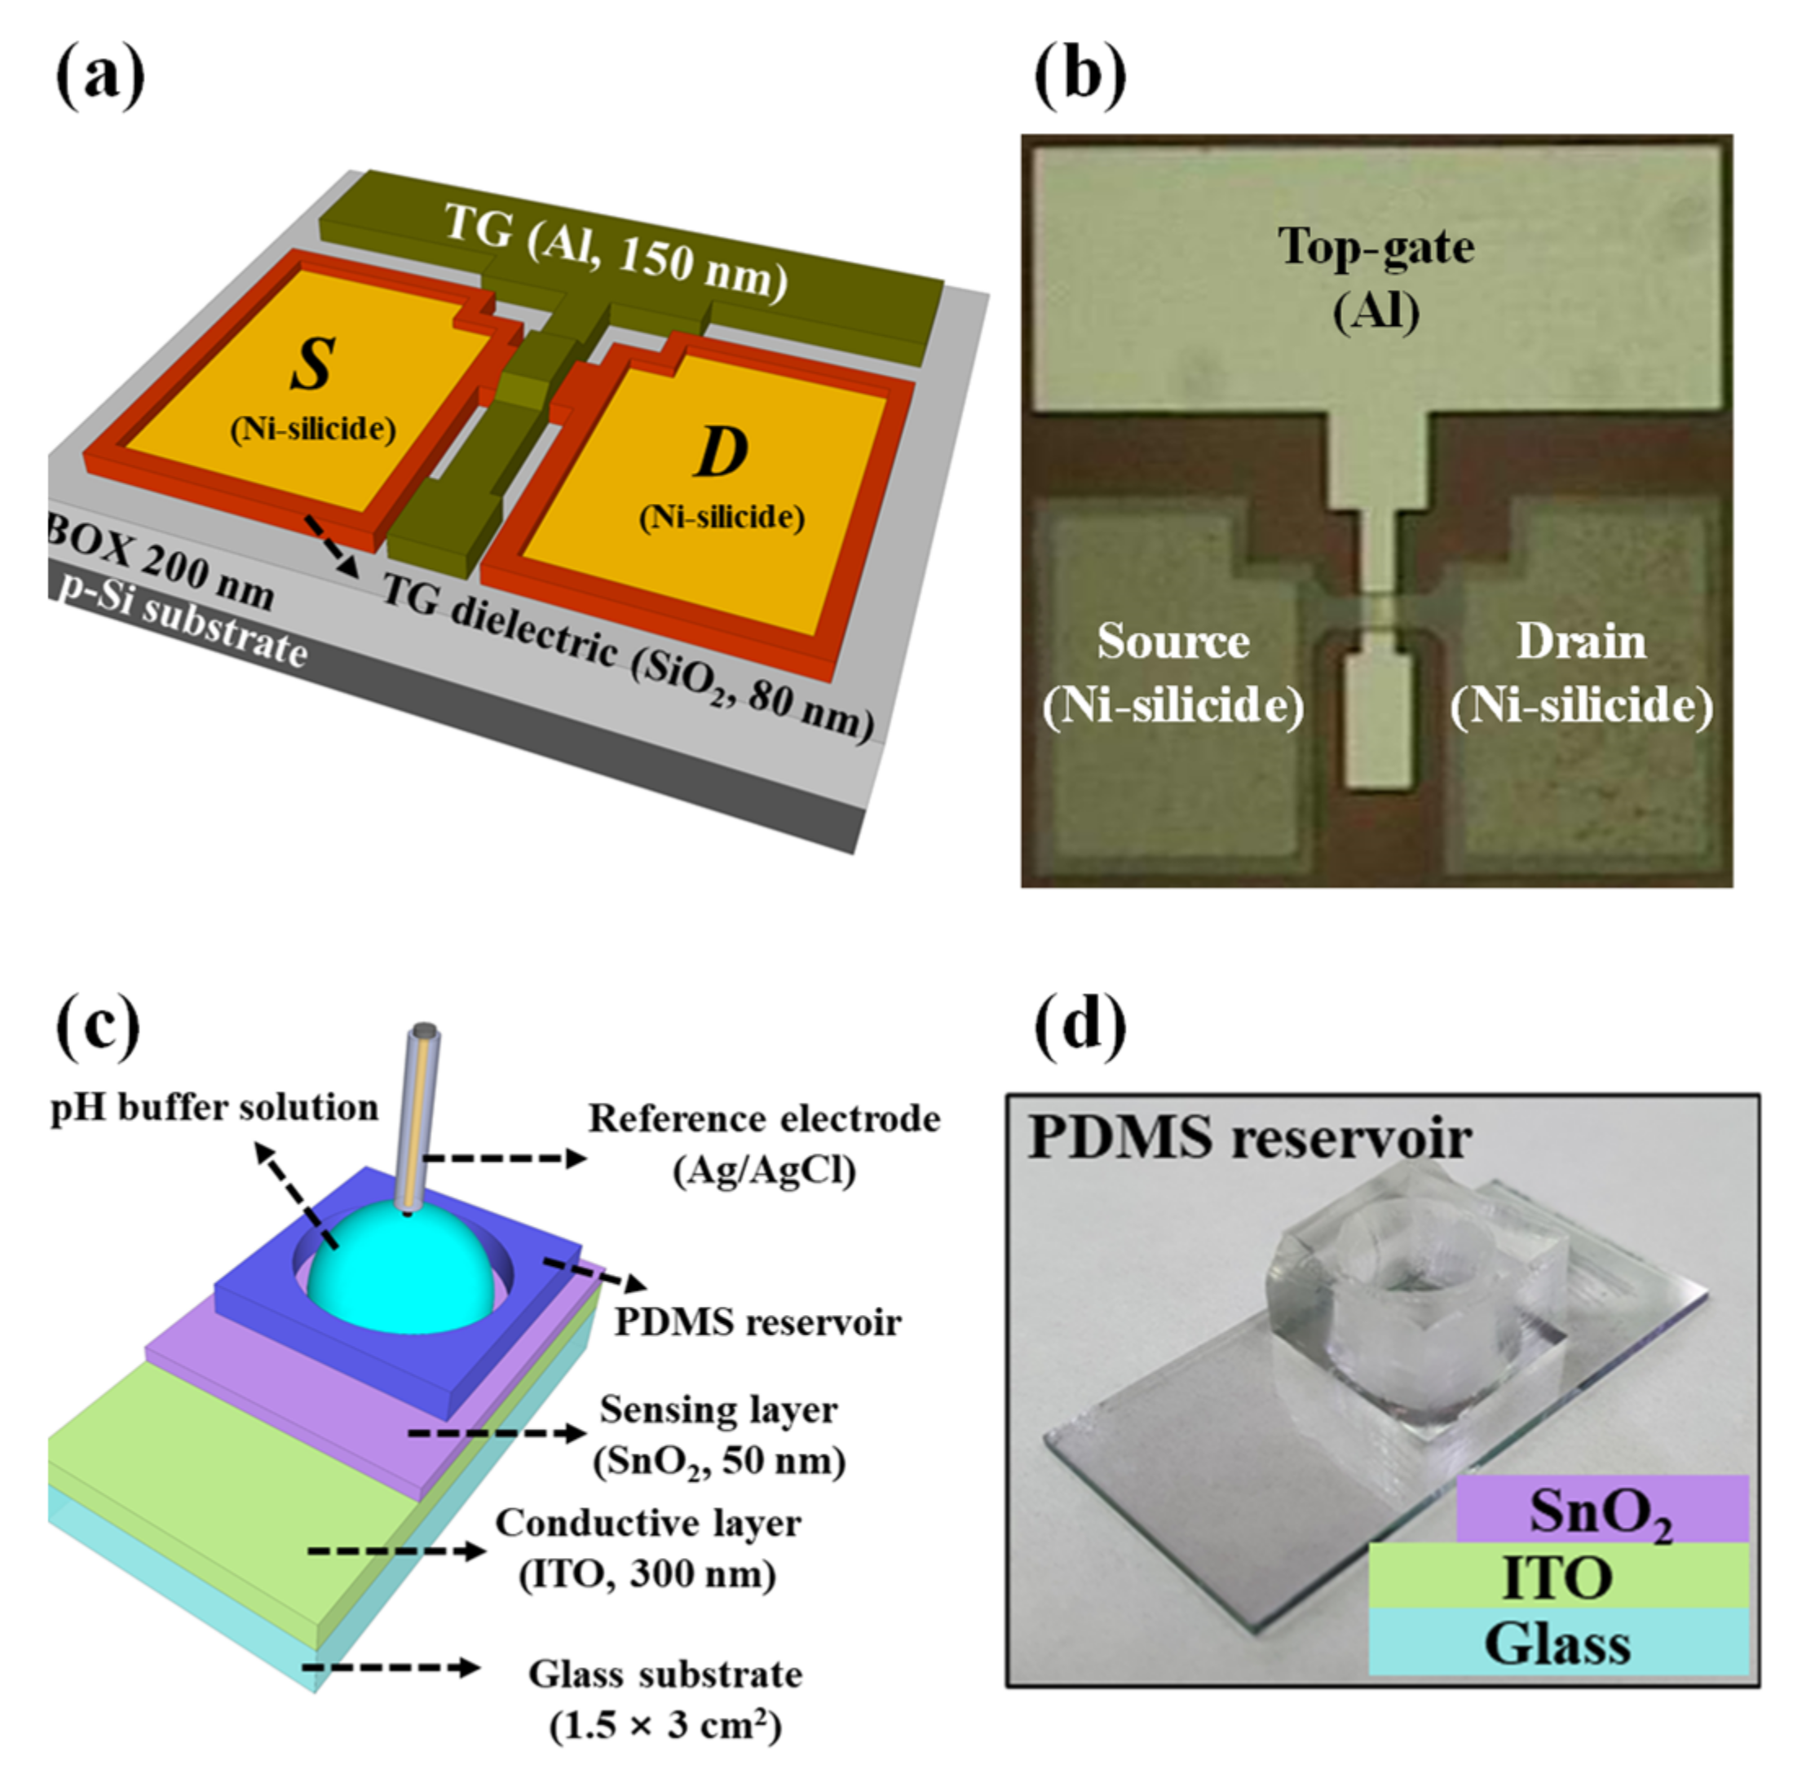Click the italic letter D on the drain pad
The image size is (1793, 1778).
click(x=721, y=452)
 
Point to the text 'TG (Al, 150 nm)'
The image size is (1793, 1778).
click(x=616, y=253)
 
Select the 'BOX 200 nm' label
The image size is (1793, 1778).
click(x=161, y=563)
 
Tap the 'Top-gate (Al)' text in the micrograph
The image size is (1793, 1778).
click(x=1376, y=278)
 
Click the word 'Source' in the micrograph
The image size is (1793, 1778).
click(x=1173, y=642)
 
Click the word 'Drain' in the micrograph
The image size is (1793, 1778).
click(x=1580, y=642)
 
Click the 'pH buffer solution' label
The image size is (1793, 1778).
click(x=214, y=1107)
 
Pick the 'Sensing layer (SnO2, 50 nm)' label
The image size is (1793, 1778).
click(x=718, y=1435)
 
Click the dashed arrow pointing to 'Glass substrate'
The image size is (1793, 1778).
click(x=390, y=1668)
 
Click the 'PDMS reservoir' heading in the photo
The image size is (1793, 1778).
click(x=1249, y=1136)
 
